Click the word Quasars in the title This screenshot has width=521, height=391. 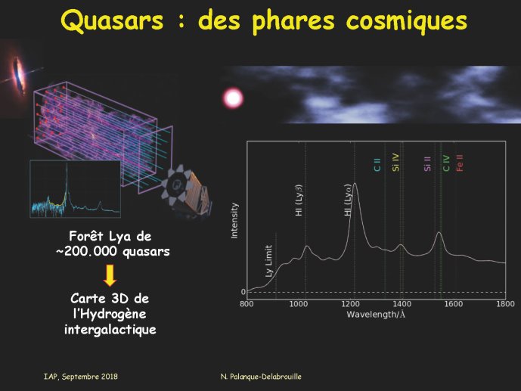point(112,20)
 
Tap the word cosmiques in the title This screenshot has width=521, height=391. point(406,20)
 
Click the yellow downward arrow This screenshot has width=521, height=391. point(110,275)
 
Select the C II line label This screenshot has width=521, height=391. point(377,164)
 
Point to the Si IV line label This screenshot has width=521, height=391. point(395,162)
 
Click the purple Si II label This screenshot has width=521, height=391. point(427,164)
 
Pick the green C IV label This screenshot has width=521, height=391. point(446,163)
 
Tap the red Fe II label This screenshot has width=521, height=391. point(460,163)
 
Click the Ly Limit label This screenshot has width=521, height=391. point(268,261)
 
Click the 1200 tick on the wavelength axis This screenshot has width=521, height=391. point(350,303)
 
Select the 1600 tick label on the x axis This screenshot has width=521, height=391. point(454,303)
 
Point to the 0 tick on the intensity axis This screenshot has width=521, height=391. point(243,292)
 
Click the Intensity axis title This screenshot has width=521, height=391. point(234,221)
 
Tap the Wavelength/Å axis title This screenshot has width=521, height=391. point(376,315)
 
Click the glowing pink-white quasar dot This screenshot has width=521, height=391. point(233,98)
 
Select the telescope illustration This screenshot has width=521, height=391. point(187,191)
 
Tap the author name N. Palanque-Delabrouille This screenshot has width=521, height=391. point(261,377)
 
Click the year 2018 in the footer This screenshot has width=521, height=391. point(110,377)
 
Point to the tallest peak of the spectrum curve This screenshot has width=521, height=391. point(355,183)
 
